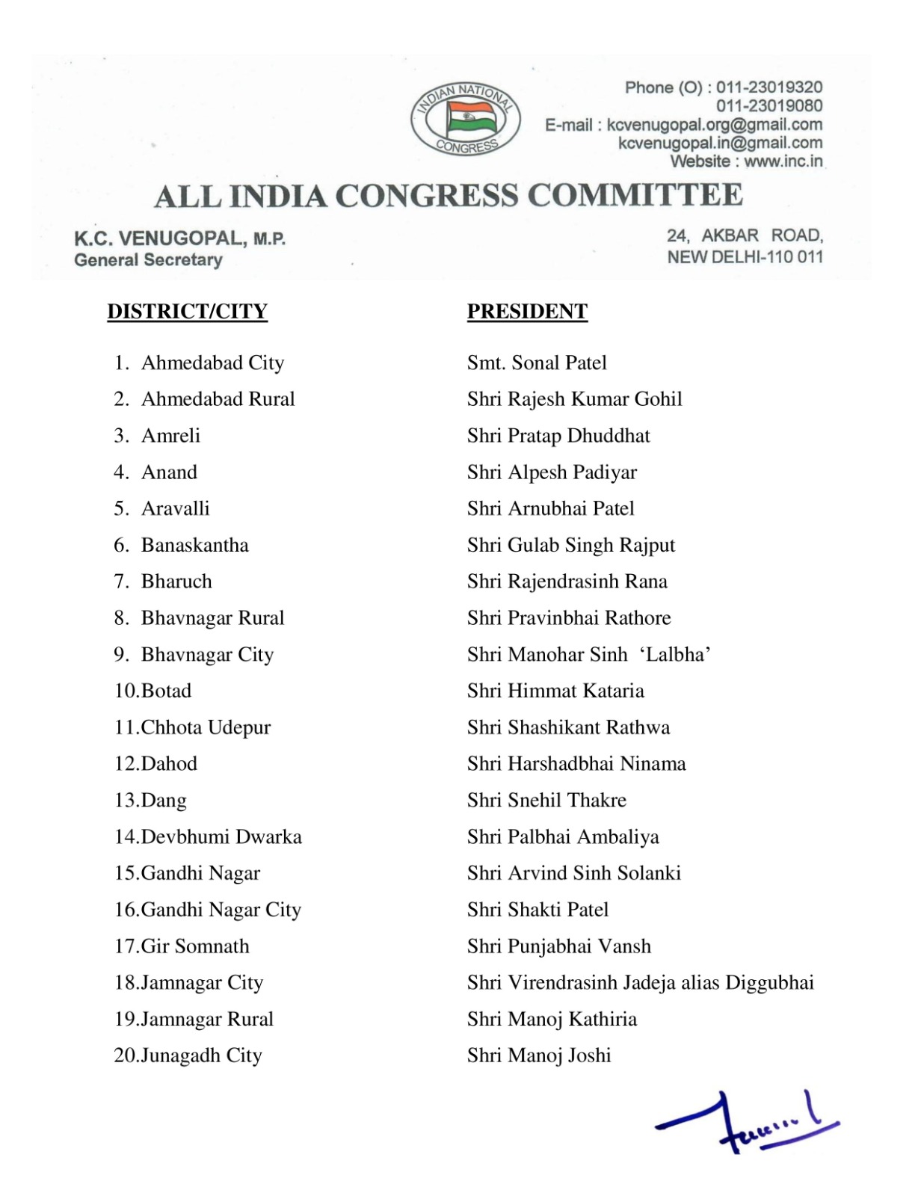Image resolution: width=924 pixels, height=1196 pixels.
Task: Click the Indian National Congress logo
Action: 465,120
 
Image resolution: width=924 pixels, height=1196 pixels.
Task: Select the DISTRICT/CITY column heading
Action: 187,312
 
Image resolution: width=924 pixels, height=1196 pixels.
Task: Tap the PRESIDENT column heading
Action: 527,312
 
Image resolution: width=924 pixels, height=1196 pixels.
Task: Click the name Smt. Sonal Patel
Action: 537,363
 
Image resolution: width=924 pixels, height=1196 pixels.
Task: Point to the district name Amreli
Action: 170,436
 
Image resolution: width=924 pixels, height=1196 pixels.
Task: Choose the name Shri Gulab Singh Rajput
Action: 570,546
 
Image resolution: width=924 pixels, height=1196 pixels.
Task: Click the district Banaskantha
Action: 194,546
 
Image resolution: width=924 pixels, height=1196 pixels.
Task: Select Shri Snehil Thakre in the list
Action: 546,801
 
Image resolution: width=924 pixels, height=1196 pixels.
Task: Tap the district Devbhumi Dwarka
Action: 221,837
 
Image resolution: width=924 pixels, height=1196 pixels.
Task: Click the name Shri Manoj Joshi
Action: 539,1055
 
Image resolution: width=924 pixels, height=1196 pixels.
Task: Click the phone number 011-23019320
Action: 769,88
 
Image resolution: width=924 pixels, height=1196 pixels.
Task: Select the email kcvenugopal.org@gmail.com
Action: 714,125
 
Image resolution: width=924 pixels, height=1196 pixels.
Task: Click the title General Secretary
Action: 148,260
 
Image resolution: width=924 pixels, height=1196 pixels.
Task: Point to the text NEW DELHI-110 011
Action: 745,257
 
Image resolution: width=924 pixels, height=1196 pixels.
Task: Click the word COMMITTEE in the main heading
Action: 635,196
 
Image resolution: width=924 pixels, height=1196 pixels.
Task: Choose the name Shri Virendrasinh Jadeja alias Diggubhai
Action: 640,983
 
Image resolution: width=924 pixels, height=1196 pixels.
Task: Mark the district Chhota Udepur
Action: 206,728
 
